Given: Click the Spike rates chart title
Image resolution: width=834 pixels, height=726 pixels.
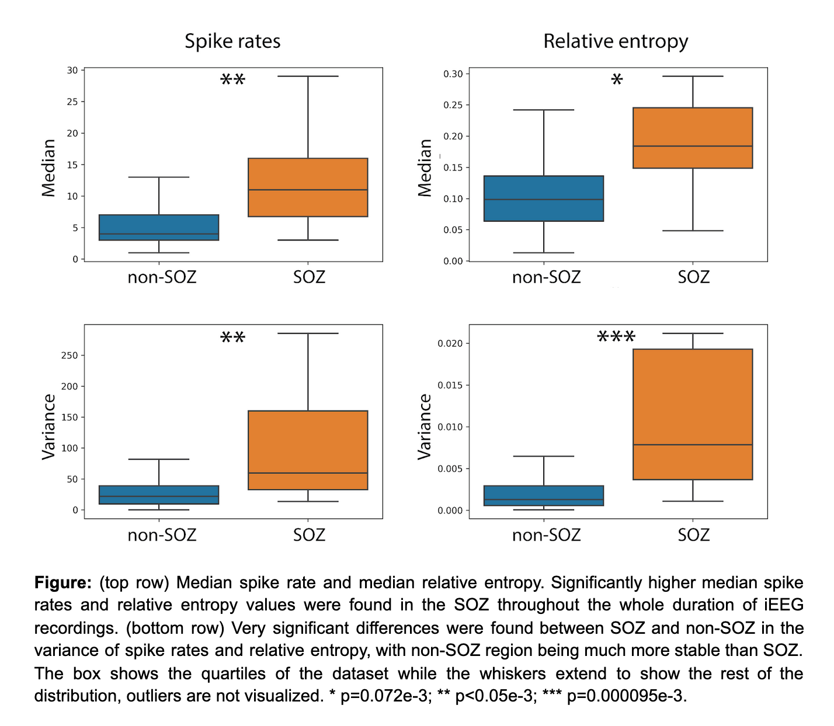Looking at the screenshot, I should (x=232, y=41).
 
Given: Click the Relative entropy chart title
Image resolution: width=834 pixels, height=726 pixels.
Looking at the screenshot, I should (x=616, y=41).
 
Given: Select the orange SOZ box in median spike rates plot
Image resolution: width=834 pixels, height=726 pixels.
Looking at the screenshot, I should (x=308, y=187).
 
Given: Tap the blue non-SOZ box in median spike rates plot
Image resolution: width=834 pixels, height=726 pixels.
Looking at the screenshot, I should (x=159, y=227).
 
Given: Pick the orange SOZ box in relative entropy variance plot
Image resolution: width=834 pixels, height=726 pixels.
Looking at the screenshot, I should (x=693, y=414).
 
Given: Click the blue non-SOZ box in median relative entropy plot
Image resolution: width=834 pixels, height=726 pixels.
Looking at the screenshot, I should (x=544, y=198).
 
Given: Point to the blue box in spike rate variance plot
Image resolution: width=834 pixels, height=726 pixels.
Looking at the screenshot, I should (x=159, y=495).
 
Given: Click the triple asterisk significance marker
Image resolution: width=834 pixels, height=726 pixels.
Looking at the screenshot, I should (x=616, y=337).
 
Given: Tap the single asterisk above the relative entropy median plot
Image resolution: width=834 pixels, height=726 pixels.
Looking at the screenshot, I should (x=617, y=80).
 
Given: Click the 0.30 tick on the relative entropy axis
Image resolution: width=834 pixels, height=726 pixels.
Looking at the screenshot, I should (x=453, y=74).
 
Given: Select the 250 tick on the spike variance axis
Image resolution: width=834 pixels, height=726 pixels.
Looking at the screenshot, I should (x=71, y=355).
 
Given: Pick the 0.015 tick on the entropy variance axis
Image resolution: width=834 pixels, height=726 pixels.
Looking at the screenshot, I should (x=450, y=385).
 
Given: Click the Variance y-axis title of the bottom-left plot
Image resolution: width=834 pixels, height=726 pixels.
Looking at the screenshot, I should (x=49, y=427).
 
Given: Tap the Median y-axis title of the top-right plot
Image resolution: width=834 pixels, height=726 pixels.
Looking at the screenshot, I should (x=425, y=168).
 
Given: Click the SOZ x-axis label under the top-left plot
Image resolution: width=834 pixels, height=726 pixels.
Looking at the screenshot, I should (x=309, y=277).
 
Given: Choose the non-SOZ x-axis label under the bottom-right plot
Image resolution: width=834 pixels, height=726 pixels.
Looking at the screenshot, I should (x=546, y=535).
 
